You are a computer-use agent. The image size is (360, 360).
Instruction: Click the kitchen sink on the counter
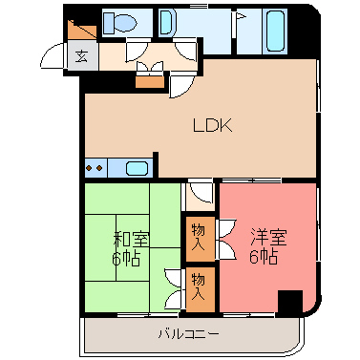(x=137, y=169)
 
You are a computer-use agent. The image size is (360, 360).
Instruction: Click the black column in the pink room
(x=288, y=302)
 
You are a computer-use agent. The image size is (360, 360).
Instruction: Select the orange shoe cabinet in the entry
(x=81, y=30)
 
